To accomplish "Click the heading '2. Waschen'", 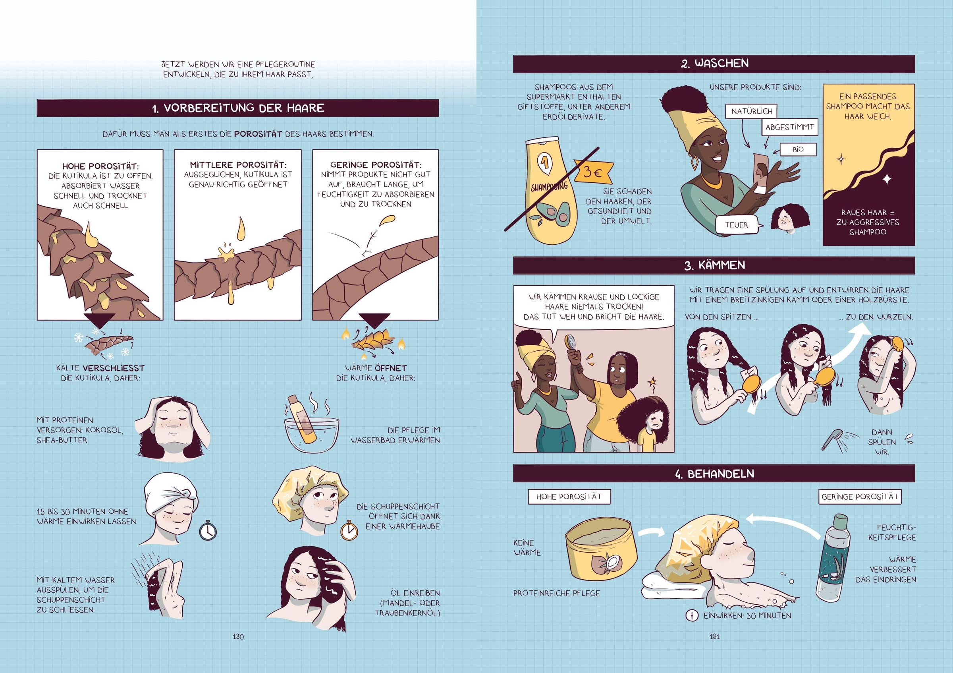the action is coord(714,64).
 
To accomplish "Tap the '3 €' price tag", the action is coord(593,172).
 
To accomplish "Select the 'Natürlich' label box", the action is coord(752,111).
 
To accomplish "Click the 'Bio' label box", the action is coord(798,149).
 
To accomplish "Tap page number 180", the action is coord(238,636).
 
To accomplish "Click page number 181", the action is coord(714,636).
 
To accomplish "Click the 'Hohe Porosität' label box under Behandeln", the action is coord(569,497).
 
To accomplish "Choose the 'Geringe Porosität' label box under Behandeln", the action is coord(860,497).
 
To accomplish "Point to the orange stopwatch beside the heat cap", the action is coord(349,529).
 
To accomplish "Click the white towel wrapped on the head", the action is coord(171,494).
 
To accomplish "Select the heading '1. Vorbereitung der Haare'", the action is coord(238,108).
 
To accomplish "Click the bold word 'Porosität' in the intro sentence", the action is coord(258,134).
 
